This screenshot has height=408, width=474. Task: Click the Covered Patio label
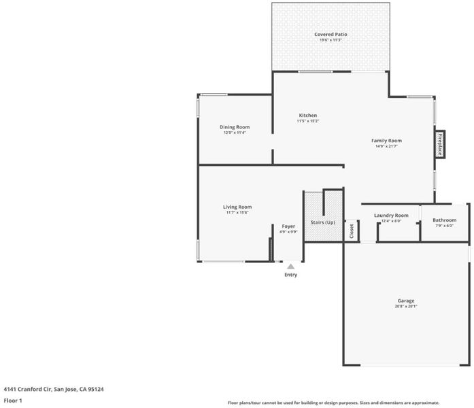click(x=331, y=35)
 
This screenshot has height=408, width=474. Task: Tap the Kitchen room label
click(x=308, y=116)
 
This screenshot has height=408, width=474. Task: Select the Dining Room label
click(x=235, y=127)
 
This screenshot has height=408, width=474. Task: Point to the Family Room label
click(x=386, y=141)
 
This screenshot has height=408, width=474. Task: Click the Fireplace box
click(x=440, y=144)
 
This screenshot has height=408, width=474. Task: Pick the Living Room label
click(x=237, y=207)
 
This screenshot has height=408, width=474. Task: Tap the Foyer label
click(x=288, y=226)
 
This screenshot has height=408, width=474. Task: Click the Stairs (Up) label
click(x=323, y=222)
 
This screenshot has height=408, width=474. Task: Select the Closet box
click(x=352, y=231)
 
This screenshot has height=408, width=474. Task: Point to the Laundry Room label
click(x=391, y=216)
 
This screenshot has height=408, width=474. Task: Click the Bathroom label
click(x=444, y=220)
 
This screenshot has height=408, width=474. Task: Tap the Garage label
click(x=406, y=301)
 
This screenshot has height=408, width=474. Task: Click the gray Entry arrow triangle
click(x=290, y=267)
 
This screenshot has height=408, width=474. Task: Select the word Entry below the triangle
click(x=290, y=275)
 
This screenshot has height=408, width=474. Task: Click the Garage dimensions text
click(x=406, y=307)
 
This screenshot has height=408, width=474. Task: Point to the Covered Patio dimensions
click(x=331, y=40)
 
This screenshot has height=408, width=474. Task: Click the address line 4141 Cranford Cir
click(x=54, y=389)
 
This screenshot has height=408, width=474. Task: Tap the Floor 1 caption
click(x=13, y=401)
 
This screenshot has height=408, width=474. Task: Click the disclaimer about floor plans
click(x=333, y=403)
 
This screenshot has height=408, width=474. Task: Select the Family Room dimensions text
click(x=386, y=146)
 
